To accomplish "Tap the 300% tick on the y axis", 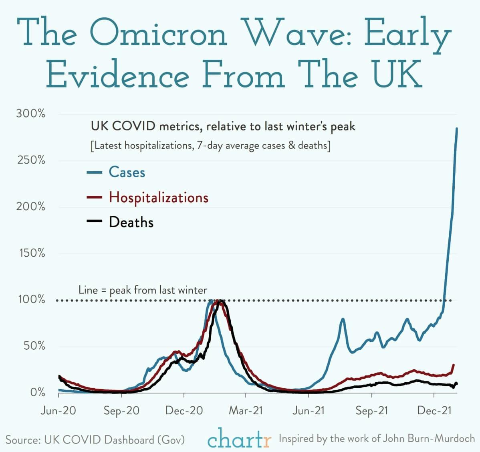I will pos(31,114).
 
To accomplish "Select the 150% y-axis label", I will pos(31,253).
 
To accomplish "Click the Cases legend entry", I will pos(127,172).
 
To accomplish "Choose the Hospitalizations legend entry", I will pos(158,197).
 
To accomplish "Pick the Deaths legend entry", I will pos(131,222).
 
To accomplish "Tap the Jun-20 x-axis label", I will pos(58,411).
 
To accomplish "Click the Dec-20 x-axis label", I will pos(184,411).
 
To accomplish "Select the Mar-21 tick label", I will pos(246,411).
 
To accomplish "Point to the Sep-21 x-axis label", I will pos(371,411).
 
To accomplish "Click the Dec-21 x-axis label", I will pos(434,411).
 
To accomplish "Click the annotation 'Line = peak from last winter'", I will pos(143,290).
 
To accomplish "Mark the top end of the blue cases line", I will pos(457,129).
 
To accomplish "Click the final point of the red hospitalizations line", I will pos(454,365).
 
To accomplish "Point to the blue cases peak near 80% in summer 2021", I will pos(343,319).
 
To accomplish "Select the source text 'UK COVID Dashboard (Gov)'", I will pos(114,440).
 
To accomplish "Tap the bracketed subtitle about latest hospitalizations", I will pos(211,145).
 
